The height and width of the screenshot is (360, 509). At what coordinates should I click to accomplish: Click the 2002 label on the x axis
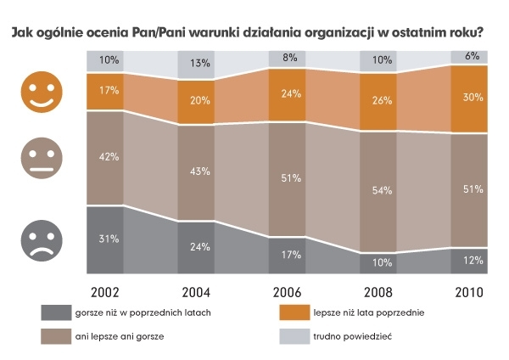tap(104, 291)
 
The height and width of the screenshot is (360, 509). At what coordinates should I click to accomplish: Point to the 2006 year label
tap(286, 291)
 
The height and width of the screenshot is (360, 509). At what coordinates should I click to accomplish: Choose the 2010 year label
tap(468, 291)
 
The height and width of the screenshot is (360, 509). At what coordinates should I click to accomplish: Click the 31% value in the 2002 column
tap(108, 239)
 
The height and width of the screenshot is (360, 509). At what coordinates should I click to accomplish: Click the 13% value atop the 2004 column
tap(199, 62)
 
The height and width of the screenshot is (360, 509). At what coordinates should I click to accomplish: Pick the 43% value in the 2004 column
tap(199, 172)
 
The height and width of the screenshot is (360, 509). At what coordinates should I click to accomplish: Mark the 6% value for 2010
tap(471, 55)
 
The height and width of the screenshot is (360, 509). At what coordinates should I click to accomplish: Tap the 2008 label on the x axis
tap(378, 291)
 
